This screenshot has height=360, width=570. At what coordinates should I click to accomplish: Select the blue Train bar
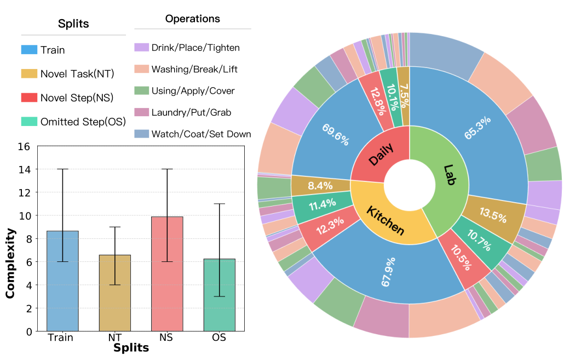pyautogui.click(x=62, y=281)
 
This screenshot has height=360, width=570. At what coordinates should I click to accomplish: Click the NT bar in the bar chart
pyautogui.click(x=114, y=293)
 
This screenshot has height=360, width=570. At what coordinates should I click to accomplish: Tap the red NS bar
pyautogui.click(x=166, y=274)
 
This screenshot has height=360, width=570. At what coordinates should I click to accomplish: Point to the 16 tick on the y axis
pyautogui.click(x=24, y=147)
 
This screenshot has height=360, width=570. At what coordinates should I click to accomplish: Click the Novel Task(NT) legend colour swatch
pyautogui.click(x=29, y=74)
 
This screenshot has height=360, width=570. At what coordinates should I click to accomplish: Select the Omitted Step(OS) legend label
pyautogui.click(x=83, y=122)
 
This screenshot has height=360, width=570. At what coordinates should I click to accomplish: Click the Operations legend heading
pyautogui.click(x=193, y=19)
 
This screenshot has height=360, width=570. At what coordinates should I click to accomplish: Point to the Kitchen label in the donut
pyautogui.click(x=385, y=220)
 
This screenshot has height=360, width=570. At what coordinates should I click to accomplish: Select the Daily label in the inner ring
pyautogui.click(x=381, y=153)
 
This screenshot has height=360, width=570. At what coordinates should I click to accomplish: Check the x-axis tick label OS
pyautogui.click(x=218, y=338)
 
